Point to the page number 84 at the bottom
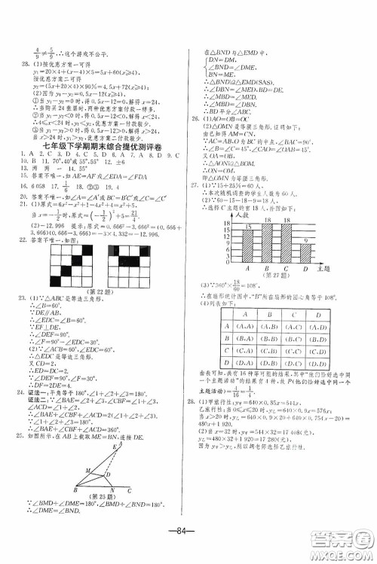click(188, 538)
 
